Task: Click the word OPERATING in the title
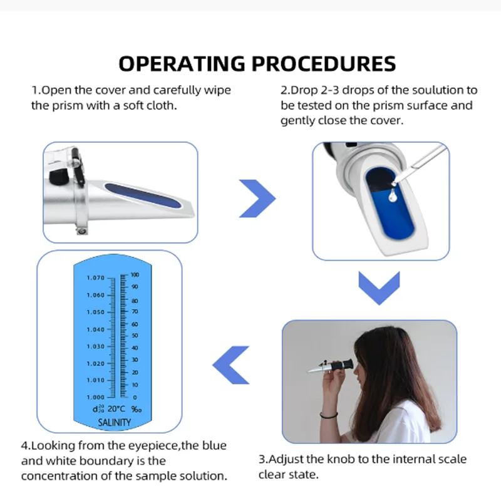point(182,63)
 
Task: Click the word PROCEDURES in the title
point(324,63)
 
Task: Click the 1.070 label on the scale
point(96,278)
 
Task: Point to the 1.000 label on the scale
point(96,397)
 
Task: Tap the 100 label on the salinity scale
point(135,275)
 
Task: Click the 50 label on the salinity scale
point(135,336)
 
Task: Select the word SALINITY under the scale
point(115,422)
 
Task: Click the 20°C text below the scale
point(116,409)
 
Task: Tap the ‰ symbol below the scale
point(137,409)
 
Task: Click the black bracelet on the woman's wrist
point(329,415)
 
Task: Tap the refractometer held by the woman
point(331,366)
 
